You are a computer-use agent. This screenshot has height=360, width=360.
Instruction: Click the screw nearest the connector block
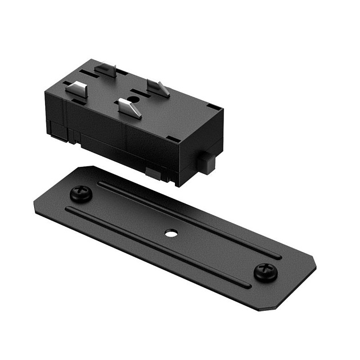click(x=81, y=194)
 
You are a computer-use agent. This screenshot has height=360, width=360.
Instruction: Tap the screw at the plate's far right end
click(x=266, y=271)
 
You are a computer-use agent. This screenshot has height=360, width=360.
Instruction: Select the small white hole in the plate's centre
click(x=170, y=233)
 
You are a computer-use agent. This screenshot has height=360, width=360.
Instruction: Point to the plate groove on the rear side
click(x=189, y=218)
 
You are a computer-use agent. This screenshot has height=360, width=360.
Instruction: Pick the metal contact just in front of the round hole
click(x=130, y=107)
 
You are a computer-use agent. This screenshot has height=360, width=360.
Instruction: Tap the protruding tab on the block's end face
click(x=209, y=163)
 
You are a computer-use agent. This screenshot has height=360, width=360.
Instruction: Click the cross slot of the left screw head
click(x=81, y=193)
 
